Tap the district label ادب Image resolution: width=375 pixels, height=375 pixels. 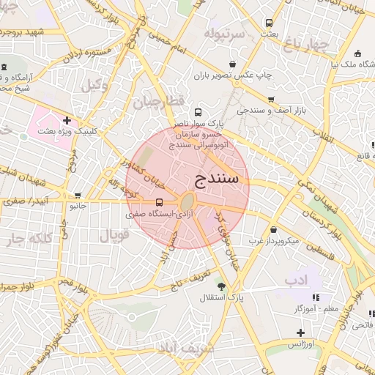(296, 280)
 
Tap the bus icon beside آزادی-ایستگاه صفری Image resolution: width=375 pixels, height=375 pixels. (160, 203)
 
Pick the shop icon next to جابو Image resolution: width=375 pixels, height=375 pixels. (78, 195)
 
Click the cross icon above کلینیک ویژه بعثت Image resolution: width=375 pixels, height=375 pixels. (67, 120)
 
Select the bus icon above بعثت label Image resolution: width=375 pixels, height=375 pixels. (269, 23)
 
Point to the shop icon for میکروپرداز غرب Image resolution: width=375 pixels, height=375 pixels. (273, 229)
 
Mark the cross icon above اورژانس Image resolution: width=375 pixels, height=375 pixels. (300, 333)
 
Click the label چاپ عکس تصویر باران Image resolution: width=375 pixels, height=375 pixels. (234, 75)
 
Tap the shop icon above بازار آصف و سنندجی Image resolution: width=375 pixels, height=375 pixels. (271, 100)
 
